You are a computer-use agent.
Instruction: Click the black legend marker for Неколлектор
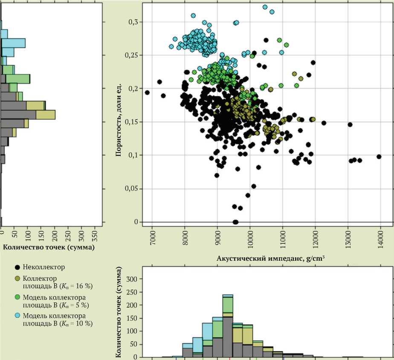[x=17, y=268]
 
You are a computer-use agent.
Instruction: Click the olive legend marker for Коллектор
[x=17, y=278]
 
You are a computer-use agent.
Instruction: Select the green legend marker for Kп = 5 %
[x=17, y=297]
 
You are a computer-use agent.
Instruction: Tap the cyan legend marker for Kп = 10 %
[x=17, y=316]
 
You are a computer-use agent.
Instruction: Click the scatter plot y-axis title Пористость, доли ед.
[x=119, y=119]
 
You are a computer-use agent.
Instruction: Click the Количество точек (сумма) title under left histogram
[x=49, y=247]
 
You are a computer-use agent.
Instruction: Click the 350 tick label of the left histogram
[x=95, y=236]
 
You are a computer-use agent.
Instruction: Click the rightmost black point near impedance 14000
[x=379, y=157]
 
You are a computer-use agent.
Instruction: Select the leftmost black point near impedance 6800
[x=148, y=92]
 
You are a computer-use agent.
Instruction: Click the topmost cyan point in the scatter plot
[x=265, y=7]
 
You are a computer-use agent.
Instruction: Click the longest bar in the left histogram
[x=28, y=115]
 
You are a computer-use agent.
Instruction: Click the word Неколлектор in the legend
[x=44, y=268]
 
